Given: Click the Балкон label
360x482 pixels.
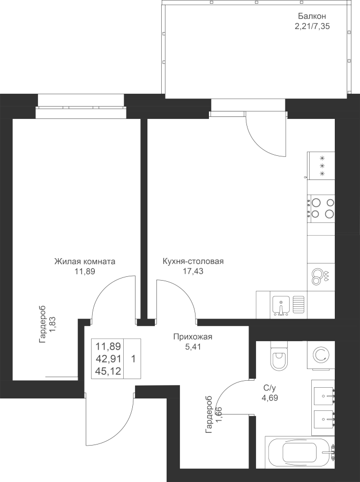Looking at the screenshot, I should point(312,16).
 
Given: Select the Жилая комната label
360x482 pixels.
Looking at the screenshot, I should point(85,262).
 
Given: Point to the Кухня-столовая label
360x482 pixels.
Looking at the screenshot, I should point(193,262).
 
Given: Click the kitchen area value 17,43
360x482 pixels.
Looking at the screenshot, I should point(193,271).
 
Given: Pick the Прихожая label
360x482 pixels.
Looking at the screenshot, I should point(193,337).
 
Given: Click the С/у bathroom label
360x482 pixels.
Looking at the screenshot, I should point(270,388).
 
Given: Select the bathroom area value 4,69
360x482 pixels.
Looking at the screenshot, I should point(270,397).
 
